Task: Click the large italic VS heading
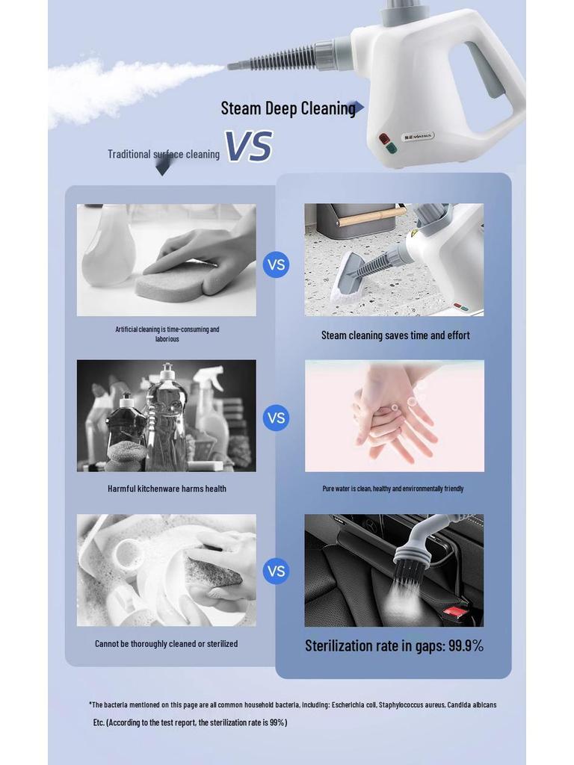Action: coord(248,146)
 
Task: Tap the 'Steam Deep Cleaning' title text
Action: coord(288,108)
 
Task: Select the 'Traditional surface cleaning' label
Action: coord(163,155)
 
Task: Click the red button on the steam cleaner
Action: coord(384,138)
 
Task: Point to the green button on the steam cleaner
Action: coord(391,148)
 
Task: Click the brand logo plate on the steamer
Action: coord(418,137)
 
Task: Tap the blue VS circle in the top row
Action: coord(276,264)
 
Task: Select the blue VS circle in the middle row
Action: coord(276,418)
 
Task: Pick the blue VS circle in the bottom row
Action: coord(276,572)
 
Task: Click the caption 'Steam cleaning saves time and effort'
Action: coord(395,335)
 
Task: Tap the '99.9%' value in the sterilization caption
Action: coord(465,646)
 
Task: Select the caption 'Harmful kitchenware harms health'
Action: coord(167,489)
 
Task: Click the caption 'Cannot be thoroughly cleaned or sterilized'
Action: coord(166,643)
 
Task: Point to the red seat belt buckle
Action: coord(454,613)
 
